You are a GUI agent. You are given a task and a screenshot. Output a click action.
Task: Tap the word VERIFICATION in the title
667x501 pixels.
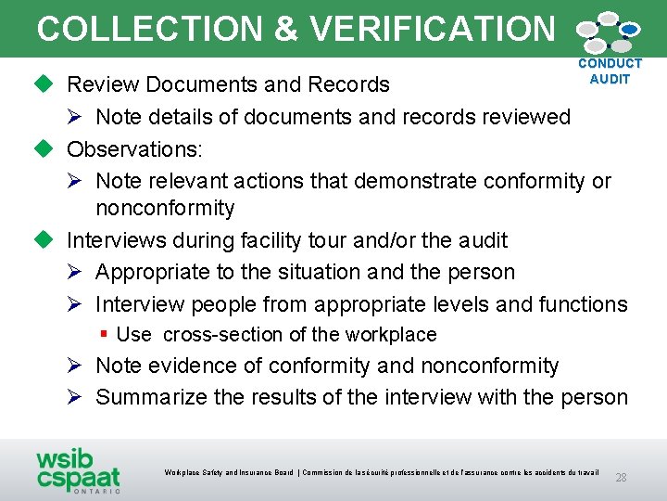(x=433, y=29)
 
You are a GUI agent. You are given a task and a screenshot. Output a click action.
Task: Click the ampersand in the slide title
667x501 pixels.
(x=286, y=29)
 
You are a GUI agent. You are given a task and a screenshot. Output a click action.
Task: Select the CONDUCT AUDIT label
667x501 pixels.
(x=610, y=71)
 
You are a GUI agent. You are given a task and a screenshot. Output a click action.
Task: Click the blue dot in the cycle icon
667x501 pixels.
(x=629, y=30)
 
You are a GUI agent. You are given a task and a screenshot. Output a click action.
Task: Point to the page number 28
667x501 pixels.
(x=621, y=478)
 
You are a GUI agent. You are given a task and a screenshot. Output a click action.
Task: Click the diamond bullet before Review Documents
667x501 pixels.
(x=45, y=84)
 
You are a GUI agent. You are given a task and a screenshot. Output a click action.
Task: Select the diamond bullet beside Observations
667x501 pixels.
(x=45, y=148)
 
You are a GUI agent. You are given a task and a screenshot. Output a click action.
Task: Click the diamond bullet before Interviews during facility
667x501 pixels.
(x=45, y=240)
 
